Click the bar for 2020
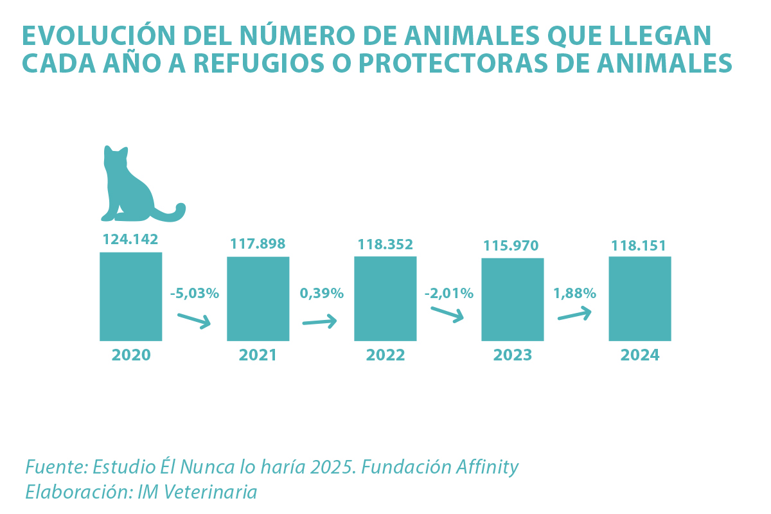tap(130, 296)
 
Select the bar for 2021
tap(258, 299)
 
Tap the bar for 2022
tap(385, 299)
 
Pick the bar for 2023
tap(512, 299)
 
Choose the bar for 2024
tap(639, 299)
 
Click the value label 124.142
tap(130, 240)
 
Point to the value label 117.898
tap(258, 244)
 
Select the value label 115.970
tap(512, 245)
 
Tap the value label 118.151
tap(639, 245)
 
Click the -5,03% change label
tap(195, 294)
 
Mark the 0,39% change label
tap(321, 294)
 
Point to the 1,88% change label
tap(574, 294)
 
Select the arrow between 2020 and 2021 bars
tap(195, 320)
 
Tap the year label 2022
tap(385, 355)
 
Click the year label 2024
tap(639, 355)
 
